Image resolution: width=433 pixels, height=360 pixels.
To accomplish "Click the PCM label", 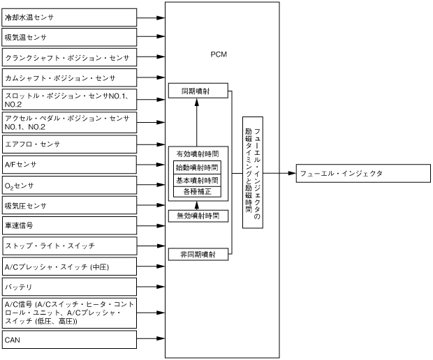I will [x=219, y=54].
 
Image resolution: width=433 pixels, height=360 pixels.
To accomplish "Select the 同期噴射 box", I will [x=198, y=91].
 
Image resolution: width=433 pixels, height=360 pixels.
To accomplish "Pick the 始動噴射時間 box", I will [x=197, y=167].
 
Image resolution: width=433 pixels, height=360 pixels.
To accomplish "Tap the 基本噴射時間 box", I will [x=197, y=180].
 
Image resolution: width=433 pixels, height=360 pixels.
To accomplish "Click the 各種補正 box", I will [x=197, y=191].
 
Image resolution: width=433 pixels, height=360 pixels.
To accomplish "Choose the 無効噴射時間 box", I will [x=198, y=216].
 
